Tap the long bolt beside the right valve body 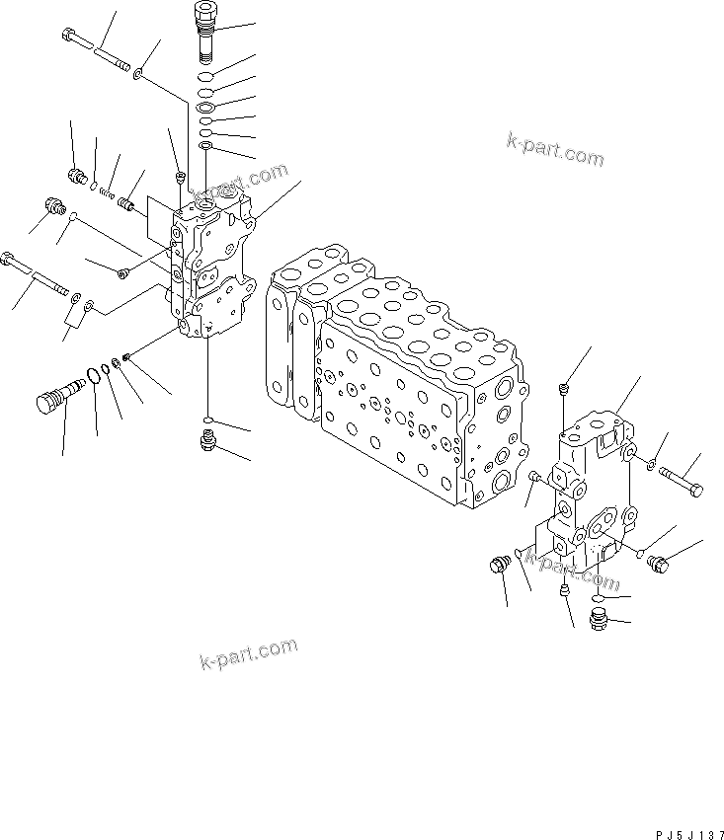click(x=680, y=479)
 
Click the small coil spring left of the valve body click(x=107, y=192)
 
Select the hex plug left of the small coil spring click(x=77, y=177)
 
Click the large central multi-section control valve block click(x=395, y=375)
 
